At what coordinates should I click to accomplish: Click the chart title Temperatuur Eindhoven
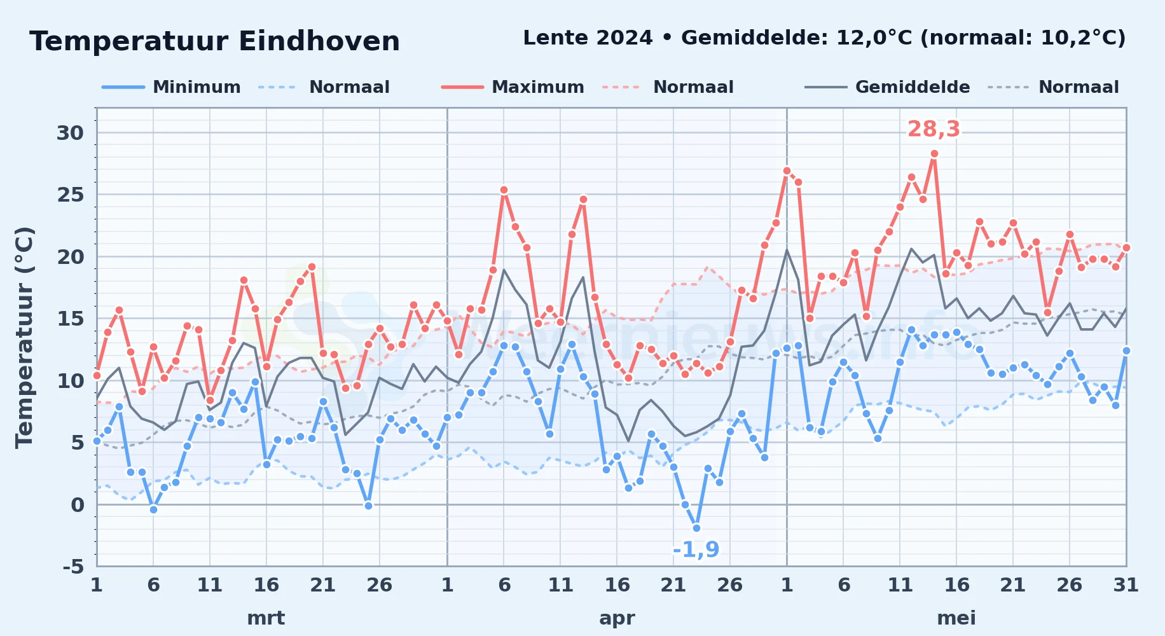[215, 41]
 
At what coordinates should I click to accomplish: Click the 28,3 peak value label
[934, 129]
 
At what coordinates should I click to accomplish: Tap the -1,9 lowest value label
[696, 550]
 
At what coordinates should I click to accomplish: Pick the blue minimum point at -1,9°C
[696, 528]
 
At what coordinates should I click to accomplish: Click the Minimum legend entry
[171, 87]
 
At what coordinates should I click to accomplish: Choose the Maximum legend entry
[513, 87]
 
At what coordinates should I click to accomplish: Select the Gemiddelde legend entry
[887, 87]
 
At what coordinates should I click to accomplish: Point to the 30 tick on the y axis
[70, 133]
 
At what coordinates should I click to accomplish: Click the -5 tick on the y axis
[73, 566]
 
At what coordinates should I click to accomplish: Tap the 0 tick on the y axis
[78, 505]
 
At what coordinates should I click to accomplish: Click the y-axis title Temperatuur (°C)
[24, 337]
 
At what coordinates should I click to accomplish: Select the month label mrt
[266, 618]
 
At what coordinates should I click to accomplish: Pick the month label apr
[617, 618]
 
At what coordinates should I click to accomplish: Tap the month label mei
[956, 618]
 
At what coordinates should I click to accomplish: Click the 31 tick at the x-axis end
[1126, 585]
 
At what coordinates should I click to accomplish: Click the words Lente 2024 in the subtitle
[588, 38]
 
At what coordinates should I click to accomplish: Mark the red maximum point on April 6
[504, 190]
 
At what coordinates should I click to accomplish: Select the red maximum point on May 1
[787, 170]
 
